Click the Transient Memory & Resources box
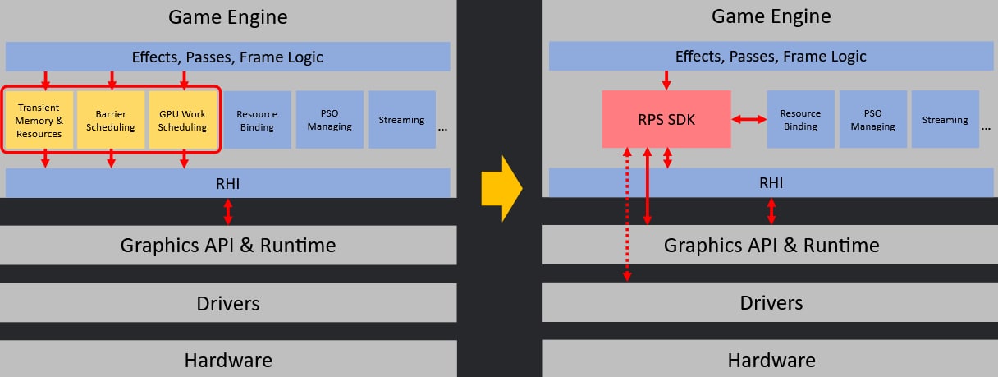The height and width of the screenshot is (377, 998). coord(39,120)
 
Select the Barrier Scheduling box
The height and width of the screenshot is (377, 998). coord(111,120)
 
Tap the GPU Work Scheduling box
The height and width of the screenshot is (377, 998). coord(183,120)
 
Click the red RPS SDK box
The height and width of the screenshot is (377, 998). coord(666,120)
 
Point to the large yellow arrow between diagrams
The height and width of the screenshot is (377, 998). coord(501,188)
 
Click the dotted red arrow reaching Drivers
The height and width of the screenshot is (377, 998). coord(627,218)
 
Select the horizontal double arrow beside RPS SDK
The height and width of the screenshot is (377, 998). coord(748,120)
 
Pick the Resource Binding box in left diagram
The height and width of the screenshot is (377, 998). coord(257,120)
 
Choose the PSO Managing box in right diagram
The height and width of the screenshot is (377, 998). coord(872,120)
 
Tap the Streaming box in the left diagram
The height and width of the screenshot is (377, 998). coord(401,120)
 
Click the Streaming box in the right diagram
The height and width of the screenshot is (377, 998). coord(945,120)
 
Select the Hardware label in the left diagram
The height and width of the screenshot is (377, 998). coord(228,360)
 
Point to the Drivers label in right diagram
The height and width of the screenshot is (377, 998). coord(771,303)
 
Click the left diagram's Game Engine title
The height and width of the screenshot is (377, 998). coord(228,16)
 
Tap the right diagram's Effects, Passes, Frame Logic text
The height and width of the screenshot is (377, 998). coord(771,57)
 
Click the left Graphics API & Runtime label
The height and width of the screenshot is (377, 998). coord(228,245)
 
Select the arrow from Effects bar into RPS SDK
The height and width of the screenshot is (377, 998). coord(666,80)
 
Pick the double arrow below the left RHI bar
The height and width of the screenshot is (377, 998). coord(228,211)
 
